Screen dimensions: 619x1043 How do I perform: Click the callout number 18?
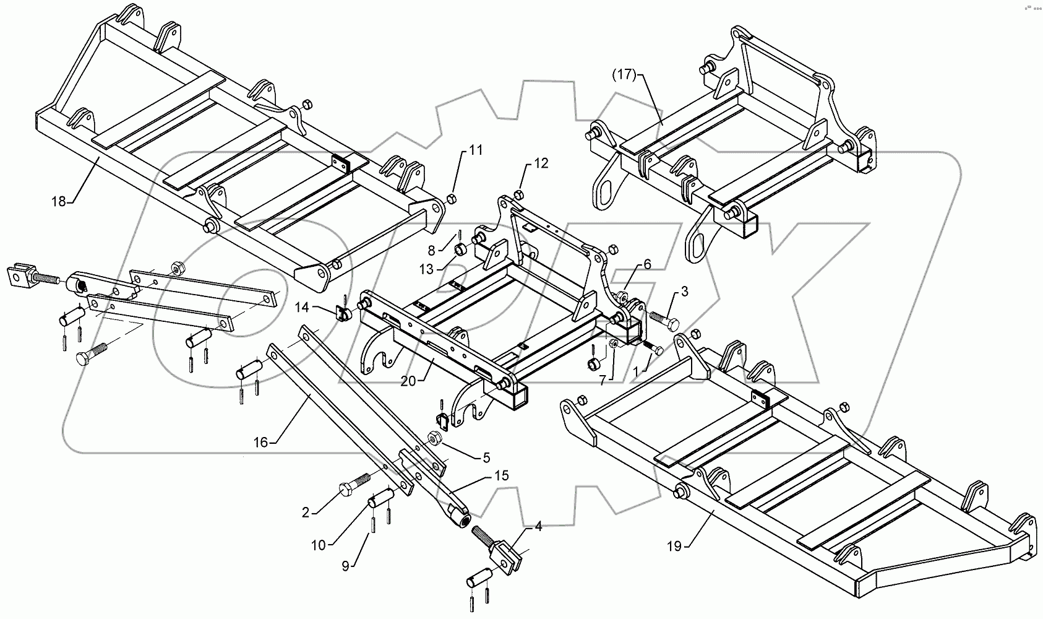pyautogui.click(x=58, y=202)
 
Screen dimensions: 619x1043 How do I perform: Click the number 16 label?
pyautogui.click(x=260, y=441)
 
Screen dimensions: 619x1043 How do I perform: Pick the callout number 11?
pyautogui.click(x=475, y=150)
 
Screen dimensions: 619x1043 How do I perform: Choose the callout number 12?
pyautogui.click(x=541, y=163)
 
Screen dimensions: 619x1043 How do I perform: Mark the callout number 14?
pyautogui.click(x=301, y=306)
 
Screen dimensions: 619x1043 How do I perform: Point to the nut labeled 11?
pyautogui.click(x=452, y=199)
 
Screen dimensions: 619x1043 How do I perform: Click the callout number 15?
pyautogui.click(x=501, y=475)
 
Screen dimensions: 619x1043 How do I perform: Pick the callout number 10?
pyautogui.click(x=318, y=545)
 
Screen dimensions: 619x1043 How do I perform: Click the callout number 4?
pyautogui.click(x=538, y=527)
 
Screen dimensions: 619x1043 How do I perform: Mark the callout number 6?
pyautogui.click(x=647, y=264)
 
